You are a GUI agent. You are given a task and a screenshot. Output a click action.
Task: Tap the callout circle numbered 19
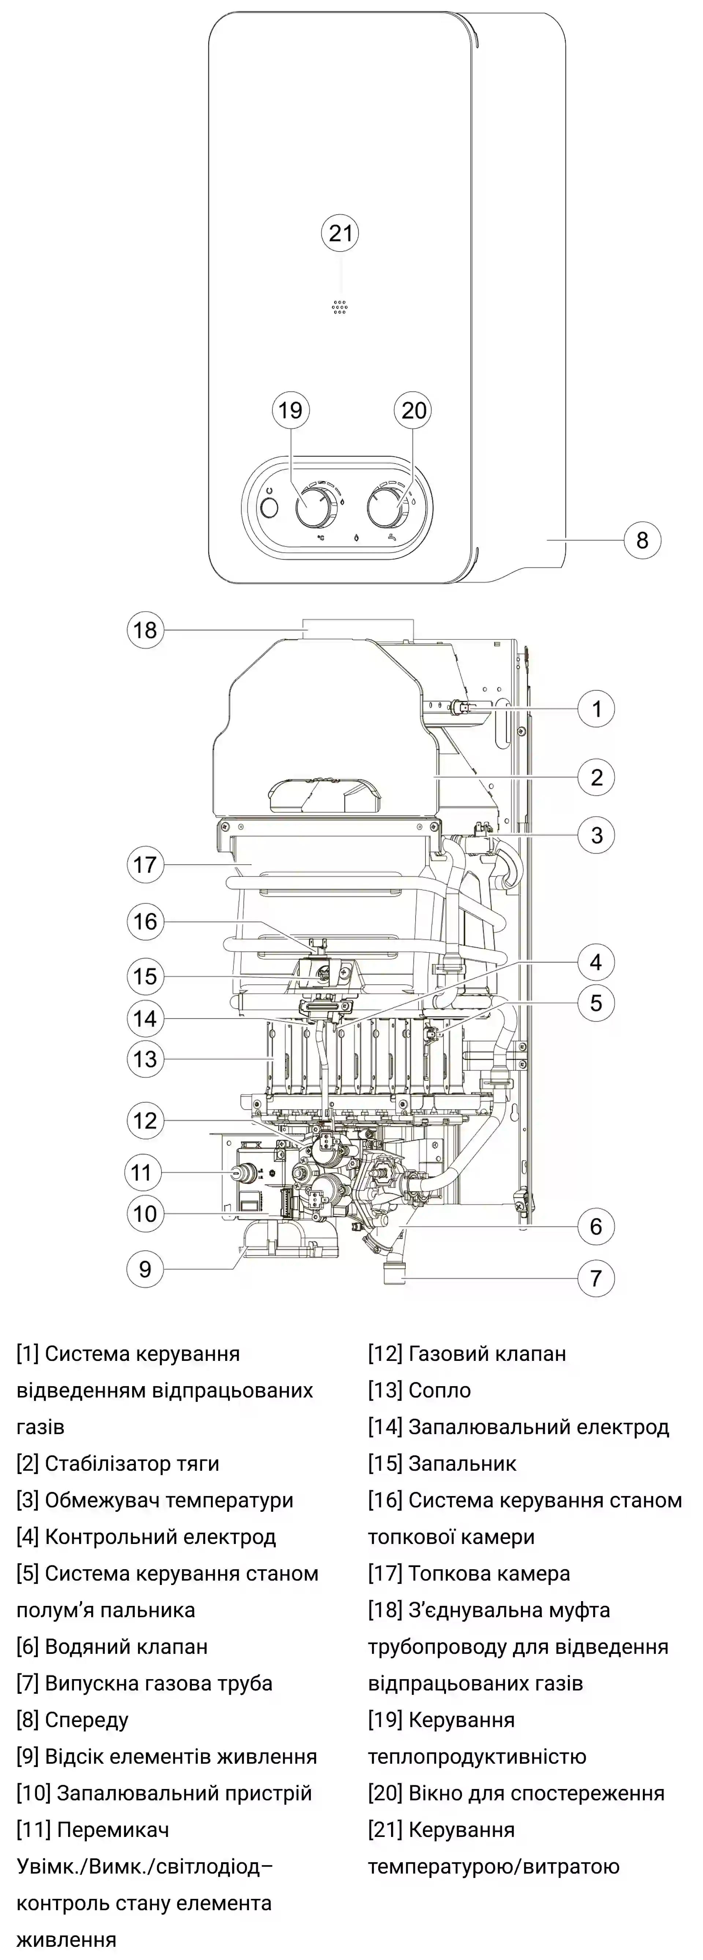point(290,411)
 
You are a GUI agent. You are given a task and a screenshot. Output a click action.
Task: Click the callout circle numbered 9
point(145,1269)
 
